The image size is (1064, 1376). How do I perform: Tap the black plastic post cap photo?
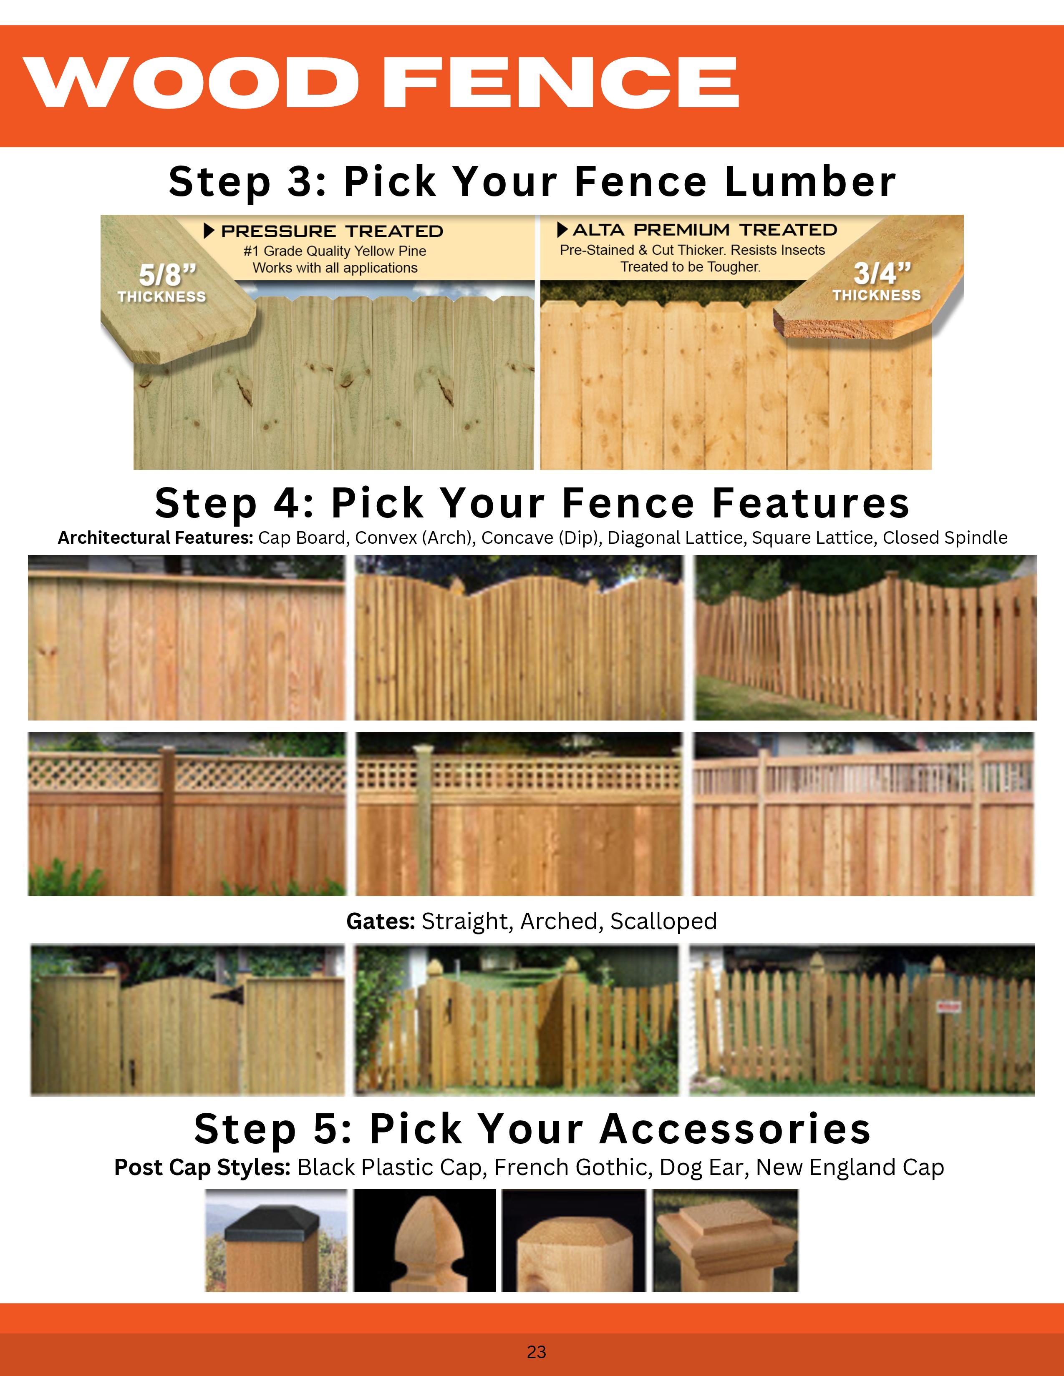click(x=276, y=1240)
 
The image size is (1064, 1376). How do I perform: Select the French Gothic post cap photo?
click(x=425, y=1240)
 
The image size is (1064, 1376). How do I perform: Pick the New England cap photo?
click(x=726, y=1240)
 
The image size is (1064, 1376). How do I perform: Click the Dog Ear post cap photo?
click(x=574, y=1240)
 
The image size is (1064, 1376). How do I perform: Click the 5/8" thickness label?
click(x=162, y=282)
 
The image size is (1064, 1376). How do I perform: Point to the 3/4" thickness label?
click(x=877, y=281)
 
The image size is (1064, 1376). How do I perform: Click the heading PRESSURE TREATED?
click(x=332, y=231)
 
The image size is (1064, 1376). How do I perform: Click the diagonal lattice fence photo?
click(x=187, y=814)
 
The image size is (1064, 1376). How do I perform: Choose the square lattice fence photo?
click(x=519, y=814)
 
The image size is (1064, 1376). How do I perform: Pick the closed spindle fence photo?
click(x=864, y=814)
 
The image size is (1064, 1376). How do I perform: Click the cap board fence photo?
click(x=187, y=638)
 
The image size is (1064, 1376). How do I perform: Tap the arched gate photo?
click(x=188, y=1019)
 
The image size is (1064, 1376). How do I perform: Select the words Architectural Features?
click(x=156, y=537)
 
